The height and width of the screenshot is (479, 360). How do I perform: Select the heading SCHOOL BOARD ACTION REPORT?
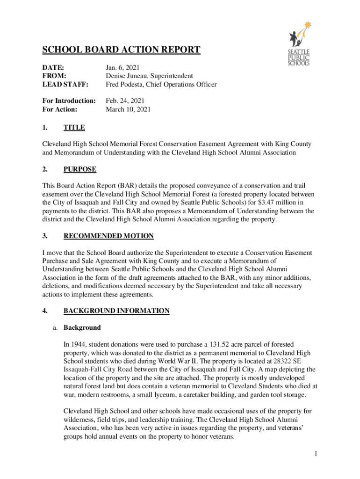pos(122,50)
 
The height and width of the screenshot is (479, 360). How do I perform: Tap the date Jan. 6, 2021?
pos(122,68)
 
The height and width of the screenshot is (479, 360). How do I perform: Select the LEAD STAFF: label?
pos(65,84)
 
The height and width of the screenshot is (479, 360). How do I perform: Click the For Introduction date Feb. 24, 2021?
pos(125,101)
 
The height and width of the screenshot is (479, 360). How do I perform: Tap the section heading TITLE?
pos(74,127)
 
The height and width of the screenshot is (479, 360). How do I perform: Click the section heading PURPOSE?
pos(80,169)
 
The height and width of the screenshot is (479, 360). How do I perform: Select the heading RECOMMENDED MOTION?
pos(108,236)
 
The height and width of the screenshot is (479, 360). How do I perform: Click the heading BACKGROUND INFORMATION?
pos(116,311)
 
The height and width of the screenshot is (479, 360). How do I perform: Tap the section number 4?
pos(45,311)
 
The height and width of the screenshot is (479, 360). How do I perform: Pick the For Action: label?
pos(60,109)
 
